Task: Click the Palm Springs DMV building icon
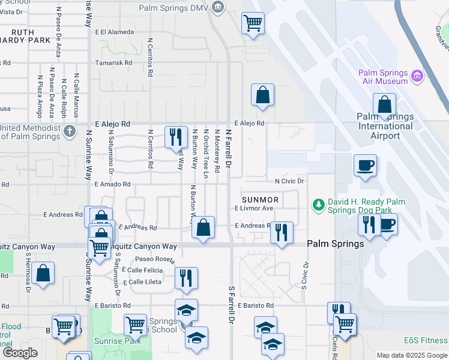pos(217,7)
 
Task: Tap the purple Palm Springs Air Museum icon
pos(417,77)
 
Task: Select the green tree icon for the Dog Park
pos(318,205)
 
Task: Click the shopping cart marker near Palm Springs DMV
pos(253,23)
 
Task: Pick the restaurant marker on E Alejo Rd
pos(174,137)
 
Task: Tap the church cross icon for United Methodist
pos(70,130)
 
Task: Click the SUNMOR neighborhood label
pos(260,199)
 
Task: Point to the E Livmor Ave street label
pos(254,208)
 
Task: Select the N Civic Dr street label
pos(291,181)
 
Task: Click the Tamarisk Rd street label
pos(113,62)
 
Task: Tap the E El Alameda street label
pos(114,32)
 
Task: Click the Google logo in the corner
pos(19,353)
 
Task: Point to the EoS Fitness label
pos(425,340)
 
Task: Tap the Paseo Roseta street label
pos(154,260)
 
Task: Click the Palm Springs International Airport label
pos(385,126)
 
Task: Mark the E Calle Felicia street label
pos(142,271)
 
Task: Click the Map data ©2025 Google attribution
pos(412,355)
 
